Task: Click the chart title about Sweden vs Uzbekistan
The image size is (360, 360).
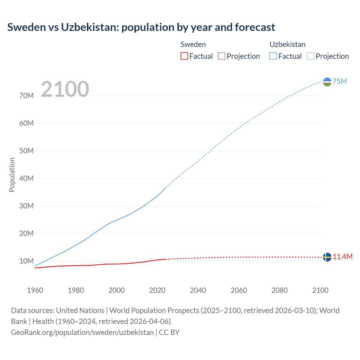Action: tap(141, 27)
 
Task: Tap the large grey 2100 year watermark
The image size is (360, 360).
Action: tap(65, 89)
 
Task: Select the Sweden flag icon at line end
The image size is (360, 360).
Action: tap(327, 257)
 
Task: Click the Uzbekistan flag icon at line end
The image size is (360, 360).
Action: tap(327, 82)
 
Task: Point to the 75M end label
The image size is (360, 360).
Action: tap(340, 82)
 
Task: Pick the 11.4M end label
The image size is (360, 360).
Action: tap(343, 257)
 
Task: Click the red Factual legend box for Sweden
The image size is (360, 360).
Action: tap(184, 56)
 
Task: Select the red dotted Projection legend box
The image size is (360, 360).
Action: tap(222, 56)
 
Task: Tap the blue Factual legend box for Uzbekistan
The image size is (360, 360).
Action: tap(273, 56)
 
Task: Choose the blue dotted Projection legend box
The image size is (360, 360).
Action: tap(311, 56)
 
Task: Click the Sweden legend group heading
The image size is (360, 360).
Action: tap(193, 44)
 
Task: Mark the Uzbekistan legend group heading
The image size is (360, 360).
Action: tap(287, 44)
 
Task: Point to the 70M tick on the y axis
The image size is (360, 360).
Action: tap(26, 96)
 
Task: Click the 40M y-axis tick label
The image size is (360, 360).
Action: tap(26, 179)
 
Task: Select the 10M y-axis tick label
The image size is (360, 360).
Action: tap(26, 261)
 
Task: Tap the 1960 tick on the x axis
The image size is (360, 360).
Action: tap(35, 290)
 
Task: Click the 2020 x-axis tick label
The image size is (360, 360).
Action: tap(157, 290)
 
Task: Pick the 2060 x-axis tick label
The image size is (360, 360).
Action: tap(239, 290)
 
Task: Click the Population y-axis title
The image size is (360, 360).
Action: tap(12, 175)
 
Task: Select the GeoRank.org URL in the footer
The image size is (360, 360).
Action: tap(82, 332)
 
